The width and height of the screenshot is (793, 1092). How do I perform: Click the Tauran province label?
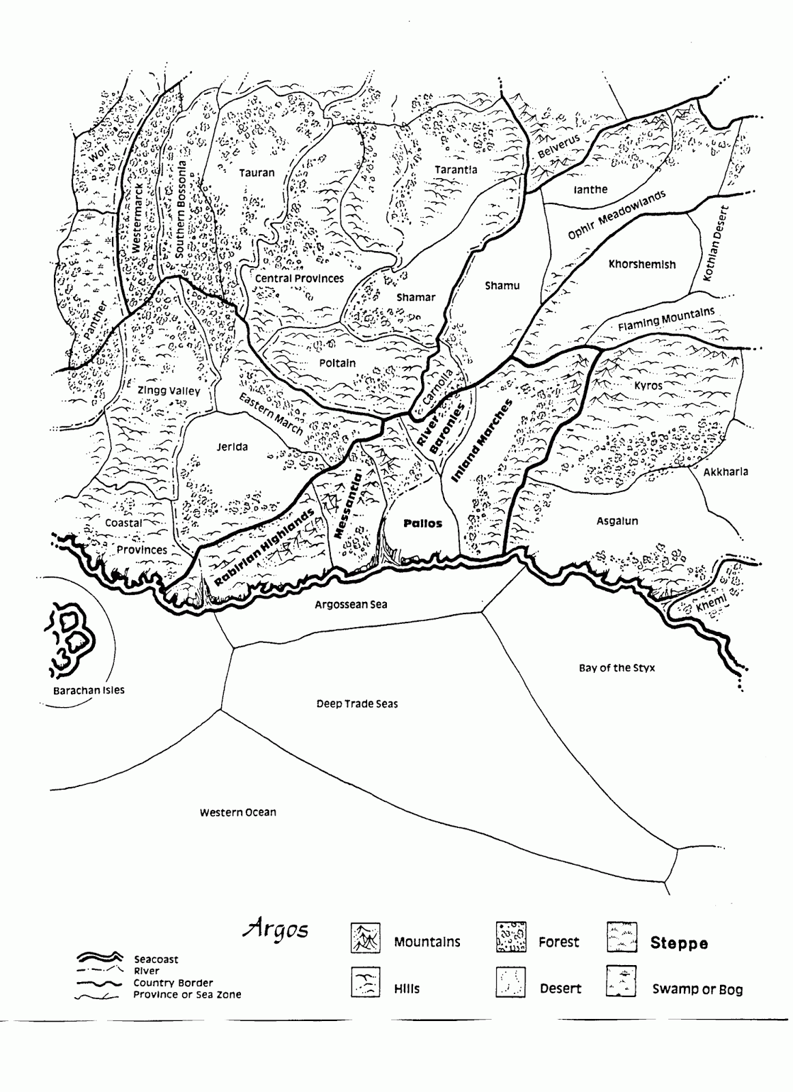(x=257, y=173)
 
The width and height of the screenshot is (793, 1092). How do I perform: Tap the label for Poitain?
(x=337, y=363)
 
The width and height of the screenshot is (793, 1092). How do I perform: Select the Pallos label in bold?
(x=422, y=523)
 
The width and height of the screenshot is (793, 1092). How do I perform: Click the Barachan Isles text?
(x=89, y=690)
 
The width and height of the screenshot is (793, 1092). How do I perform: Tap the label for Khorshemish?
(x=641, y=265)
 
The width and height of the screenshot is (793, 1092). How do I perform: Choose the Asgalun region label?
(x=617, y=521)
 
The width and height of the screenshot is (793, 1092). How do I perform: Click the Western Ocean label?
(x=237, y=812)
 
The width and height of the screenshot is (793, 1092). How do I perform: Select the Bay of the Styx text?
(x=616, y=667)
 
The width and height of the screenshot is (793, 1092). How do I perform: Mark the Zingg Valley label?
(x=169, y=391)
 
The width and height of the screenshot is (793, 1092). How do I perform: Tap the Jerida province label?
(x=232, y=447)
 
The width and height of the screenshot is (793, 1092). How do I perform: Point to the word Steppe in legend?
(x=678, y=944)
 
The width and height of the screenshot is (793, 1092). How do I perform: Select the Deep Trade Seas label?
(x=357, y=704)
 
